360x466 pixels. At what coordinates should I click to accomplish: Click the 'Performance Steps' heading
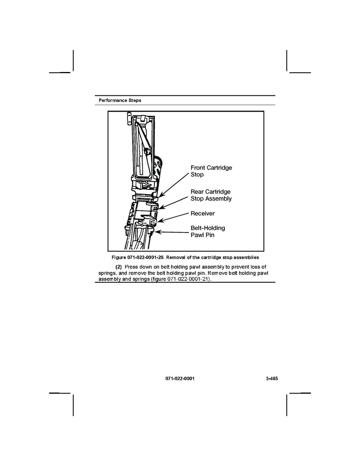click(120, 100)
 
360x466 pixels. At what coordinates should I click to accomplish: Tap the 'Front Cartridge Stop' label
click(211, 171)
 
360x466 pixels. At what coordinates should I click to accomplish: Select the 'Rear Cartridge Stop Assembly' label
click(211, 195)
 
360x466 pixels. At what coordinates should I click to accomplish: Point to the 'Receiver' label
click(202, 214)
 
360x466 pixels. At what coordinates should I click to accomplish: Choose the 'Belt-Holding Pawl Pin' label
click(208, 231)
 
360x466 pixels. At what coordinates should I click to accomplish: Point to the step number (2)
click(118, 267)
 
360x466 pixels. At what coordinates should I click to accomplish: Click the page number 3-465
click(272, 379)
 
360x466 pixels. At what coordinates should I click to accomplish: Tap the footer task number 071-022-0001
click(180, 379)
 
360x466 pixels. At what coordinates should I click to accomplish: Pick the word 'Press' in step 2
click(131, 267)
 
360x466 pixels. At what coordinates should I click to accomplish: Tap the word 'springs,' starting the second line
click(108, 273)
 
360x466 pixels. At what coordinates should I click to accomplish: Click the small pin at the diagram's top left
click(128, 118)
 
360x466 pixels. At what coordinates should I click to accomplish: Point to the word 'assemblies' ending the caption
click(247, 258)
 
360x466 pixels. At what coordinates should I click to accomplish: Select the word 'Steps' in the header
click(134, 100)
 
